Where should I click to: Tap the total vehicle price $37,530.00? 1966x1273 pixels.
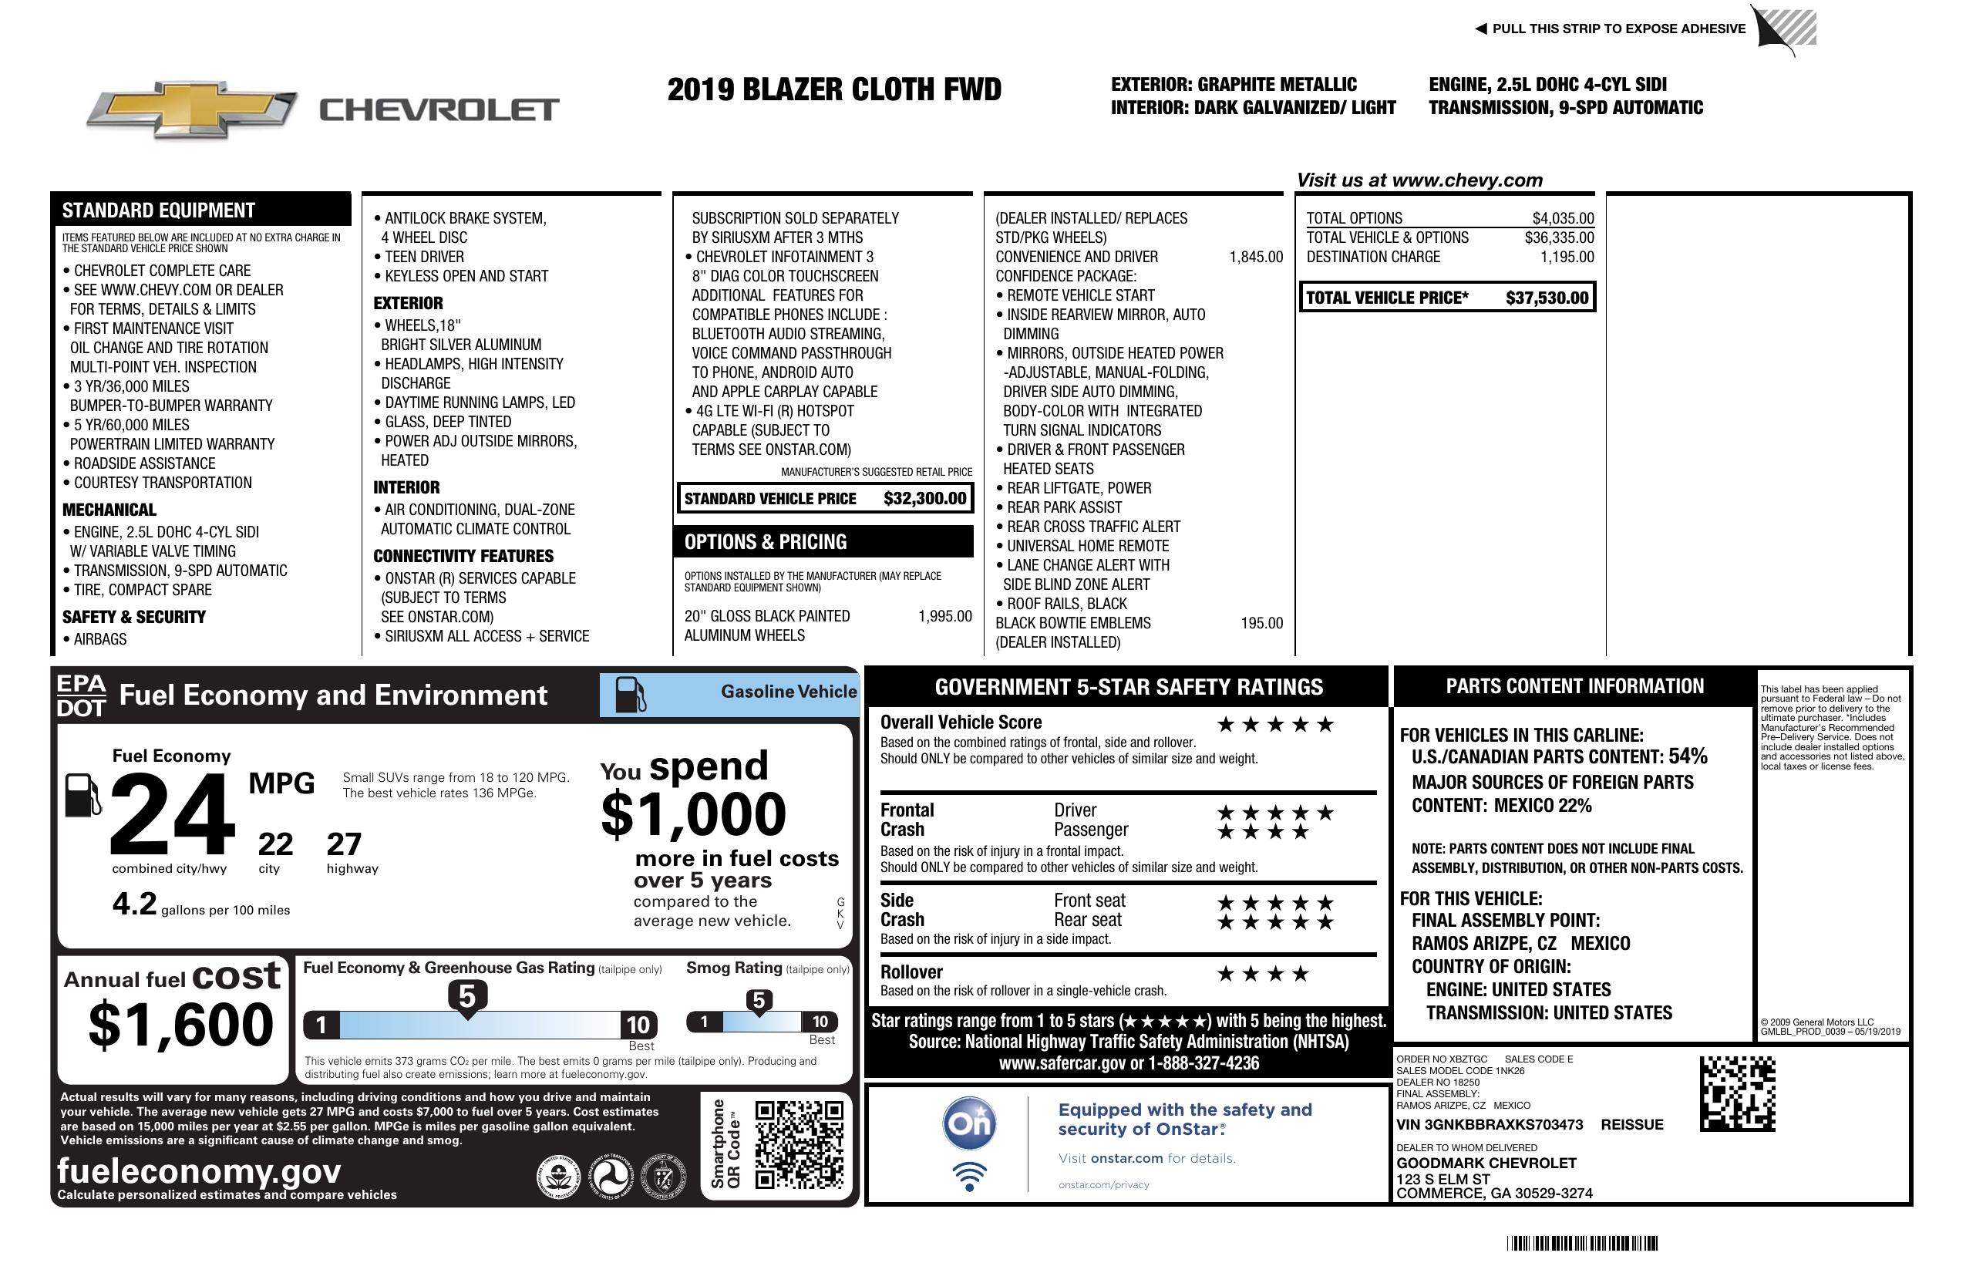point(1547,298)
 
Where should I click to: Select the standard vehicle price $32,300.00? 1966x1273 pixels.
point(924,498)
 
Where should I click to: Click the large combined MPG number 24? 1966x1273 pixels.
point(172,814)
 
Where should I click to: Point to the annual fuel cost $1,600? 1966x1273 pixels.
point(180,1025)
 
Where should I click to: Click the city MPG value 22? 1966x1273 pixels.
point(275,844)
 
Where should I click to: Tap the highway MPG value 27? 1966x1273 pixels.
point(344,844)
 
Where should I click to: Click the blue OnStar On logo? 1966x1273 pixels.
point(969,1123)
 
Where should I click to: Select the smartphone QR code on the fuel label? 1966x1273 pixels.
point(798,1143)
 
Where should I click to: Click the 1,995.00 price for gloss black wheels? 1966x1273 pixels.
point(944,616)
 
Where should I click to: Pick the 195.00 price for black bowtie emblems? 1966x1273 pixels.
point(1261,624)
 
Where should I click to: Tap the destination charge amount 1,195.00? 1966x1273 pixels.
point(1566,257)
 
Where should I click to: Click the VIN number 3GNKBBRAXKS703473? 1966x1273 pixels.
point(1490,1124)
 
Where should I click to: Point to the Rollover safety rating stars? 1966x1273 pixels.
point(1262,974)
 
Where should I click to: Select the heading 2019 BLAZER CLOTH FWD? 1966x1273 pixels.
point(833,89)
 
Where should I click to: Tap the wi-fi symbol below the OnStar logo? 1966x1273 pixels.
point(969,1176)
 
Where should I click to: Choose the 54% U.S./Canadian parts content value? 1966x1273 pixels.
point(1687,756)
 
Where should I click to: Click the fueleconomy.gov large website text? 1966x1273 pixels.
point(199,1170)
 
